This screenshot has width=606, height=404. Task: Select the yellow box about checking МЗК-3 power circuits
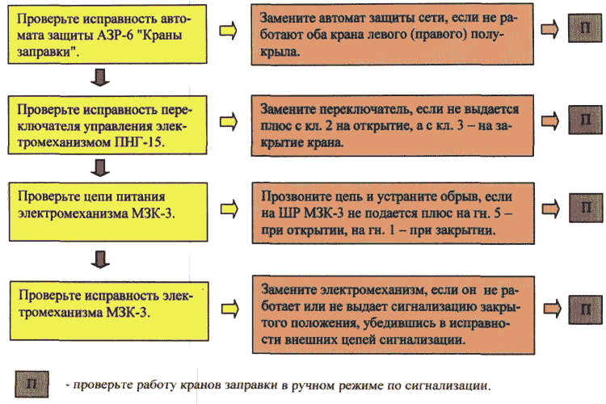click(x=108, y=212)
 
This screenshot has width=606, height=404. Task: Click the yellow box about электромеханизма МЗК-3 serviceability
click(x=109, y=311)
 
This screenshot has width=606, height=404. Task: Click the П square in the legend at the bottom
click(x=32, y=384)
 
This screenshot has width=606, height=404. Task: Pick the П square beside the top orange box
click(x=585, y=27)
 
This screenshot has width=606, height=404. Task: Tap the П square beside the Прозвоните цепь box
click(x=586, y=208)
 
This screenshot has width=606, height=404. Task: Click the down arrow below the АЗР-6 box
click(x=100, y=78)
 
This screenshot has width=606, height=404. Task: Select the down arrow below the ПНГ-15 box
click(x=100, y=168)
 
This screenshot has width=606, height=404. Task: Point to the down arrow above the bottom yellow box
click(x=100, y=259)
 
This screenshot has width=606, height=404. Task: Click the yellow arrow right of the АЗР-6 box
click(x=228, y=30)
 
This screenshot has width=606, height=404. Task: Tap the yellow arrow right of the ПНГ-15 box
click(x=229, y=122)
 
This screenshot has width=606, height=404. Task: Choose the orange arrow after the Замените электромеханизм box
click(x=553, y=309)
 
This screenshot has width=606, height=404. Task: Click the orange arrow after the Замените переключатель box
click(x=550, y=120)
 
